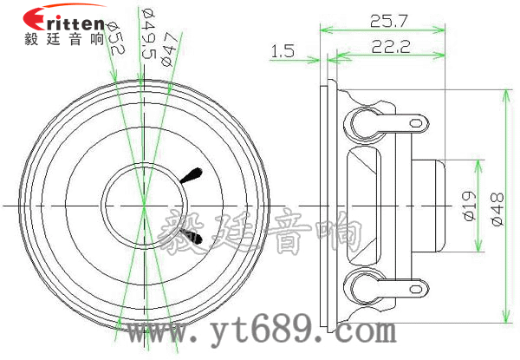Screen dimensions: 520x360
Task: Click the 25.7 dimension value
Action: tap(388, 21)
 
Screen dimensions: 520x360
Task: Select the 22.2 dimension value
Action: tap(391, 47)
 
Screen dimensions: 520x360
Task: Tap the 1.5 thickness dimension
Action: tap(283, 51)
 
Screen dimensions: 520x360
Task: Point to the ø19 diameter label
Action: tap(470, 206)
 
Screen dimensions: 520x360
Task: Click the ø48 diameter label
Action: tap(497, 210)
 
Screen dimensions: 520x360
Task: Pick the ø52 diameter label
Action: tap(114, 38)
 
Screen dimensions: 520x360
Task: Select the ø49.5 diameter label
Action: tap(148, 34)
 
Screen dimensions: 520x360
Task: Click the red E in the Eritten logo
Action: tap(33, 19)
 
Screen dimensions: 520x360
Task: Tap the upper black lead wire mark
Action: tap(192, 175)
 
